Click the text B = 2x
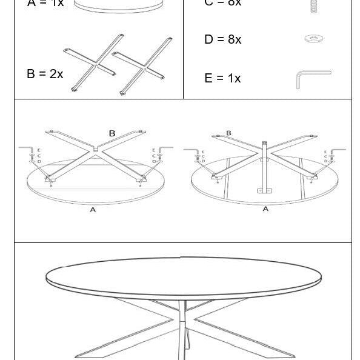pyautogui.click(x=45, y=74)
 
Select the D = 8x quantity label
pyautogui.click(x=222, y=40)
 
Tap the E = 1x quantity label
pyautogui.click(x=222, y=78)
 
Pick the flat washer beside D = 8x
pyautogui.click(x=313, y=39)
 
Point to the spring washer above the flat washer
pyautogui.click(x=313, y=5)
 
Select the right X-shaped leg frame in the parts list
pyautogui.click(x=142, y=65)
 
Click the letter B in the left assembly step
pyautogui.click(x=112, y=133)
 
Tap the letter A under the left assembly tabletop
pyautogui.click(x=93, y=210)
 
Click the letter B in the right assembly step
pyautogui.click(x=228, y=133)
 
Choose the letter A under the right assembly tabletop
pyautogui.click(x=265, y=209)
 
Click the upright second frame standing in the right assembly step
pyautogui.click(x=264, y=166)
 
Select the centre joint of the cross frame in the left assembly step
pyautogui.click(x=96, y=148)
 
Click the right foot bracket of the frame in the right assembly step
pyautogui.click(x=312, y=178)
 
